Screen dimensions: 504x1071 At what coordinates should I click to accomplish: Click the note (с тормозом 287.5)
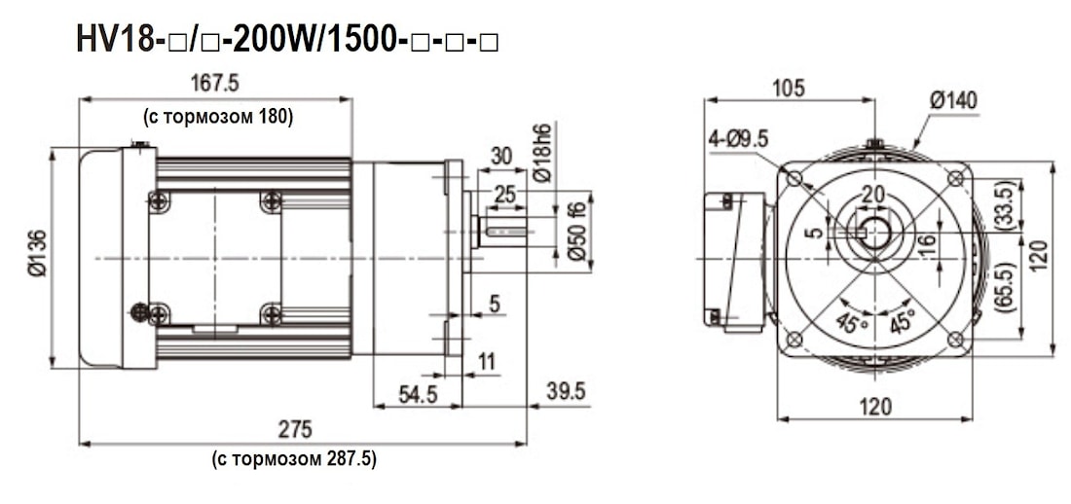[293, 458]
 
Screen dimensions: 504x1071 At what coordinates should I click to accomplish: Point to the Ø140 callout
[953, 100]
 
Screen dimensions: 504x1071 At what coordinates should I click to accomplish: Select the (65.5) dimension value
[1004, 286]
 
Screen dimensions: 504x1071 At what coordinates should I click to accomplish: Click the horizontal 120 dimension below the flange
[875, 407]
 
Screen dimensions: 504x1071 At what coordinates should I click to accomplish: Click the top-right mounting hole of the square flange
[955, 178]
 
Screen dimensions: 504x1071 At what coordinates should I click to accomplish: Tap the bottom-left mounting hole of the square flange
[794, 339]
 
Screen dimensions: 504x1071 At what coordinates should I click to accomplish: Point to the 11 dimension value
[487, 362]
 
